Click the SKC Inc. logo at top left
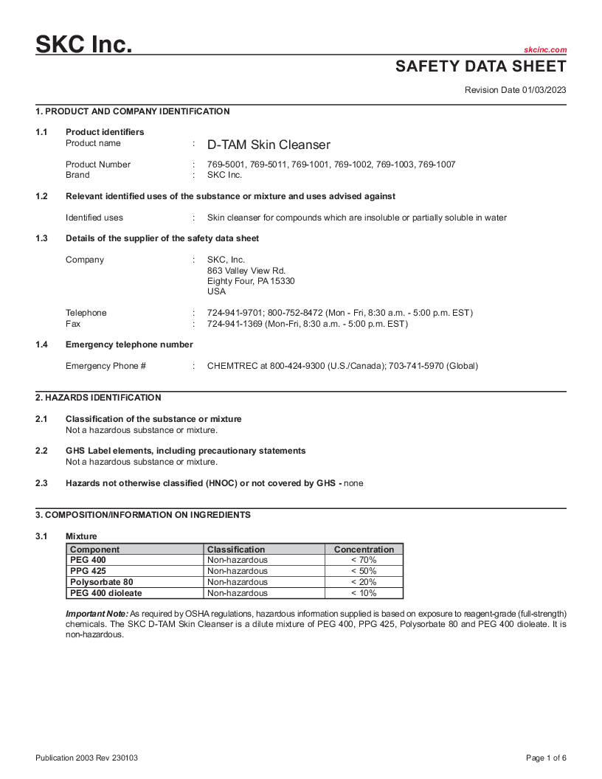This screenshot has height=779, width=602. (x=84, y=44)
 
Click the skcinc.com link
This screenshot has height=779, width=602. (x=545, y=49)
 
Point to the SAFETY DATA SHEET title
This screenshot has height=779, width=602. (x=481, y=66)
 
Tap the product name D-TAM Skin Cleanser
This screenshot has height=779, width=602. (x=269, y=145)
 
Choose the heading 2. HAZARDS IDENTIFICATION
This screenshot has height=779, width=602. (x=98, y=398)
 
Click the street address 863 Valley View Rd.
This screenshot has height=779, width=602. (x=246, y=271)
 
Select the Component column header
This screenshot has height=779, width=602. (x=94, y=550)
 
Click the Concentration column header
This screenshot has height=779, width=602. (x=364, y=550)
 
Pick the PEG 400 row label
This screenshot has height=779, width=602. (x=88, y=560)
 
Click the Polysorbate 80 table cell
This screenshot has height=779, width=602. (x=102, y=582)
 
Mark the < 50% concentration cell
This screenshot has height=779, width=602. (x=364, y=571)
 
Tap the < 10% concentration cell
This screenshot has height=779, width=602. (x=364, y=593)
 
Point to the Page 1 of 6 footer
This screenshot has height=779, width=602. (x=546, y=758)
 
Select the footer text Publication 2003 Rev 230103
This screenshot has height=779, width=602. (x=87, y=758)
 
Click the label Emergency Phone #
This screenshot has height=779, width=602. (x=105, y=366)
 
